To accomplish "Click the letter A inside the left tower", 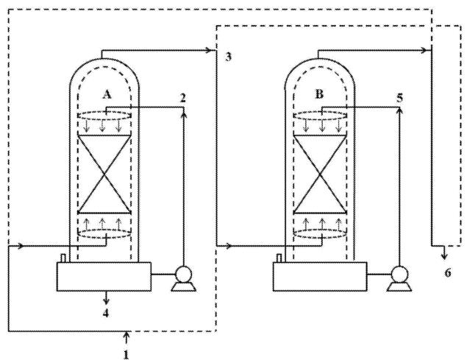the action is pos(107,94).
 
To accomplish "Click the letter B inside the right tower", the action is pos(319,94).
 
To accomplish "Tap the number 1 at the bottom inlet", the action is pos(127,354).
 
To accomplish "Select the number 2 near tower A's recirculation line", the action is pos(183,98).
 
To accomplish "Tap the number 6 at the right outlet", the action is pos(447,273).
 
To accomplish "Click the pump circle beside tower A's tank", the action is pos(183,274).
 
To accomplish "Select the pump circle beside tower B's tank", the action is pos(399,274).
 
